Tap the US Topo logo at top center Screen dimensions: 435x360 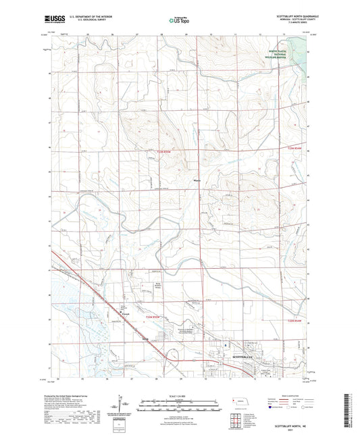point(179,20)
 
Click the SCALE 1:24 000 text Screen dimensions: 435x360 point(179,396)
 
